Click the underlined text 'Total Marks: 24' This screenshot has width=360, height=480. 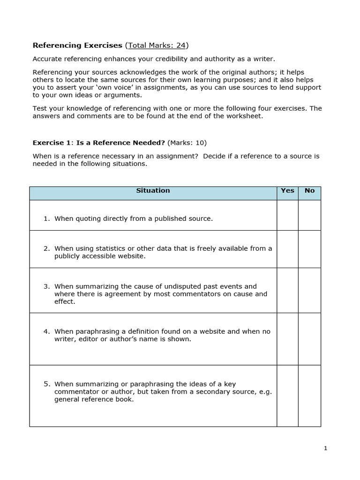(157, 45)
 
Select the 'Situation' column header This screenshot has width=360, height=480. (153, 191)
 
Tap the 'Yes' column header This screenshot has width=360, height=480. (287, 191)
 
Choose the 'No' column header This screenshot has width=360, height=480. (309, 191)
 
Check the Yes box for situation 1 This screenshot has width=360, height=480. (287, 215)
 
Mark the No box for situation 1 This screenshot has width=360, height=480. (309, 215)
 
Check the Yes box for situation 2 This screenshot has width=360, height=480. (287, 249)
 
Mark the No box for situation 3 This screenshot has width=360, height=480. (309, 291)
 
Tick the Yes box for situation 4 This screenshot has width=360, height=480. (287, 339)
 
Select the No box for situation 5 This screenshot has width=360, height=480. (309, 396)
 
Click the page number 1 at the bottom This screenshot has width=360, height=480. (325, 449)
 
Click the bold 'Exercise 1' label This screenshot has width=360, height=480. (50, 143)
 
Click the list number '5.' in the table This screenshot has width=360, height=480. (47, 384)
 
